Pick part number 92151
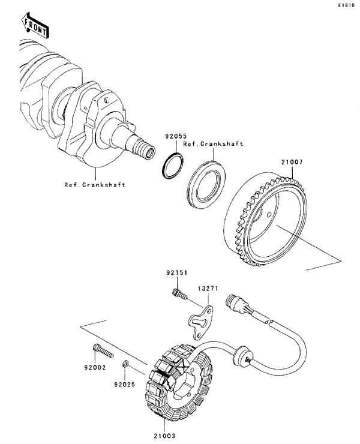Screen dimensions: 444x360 178,273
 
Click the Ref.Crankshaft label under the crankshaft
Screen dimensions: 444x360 95,185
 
